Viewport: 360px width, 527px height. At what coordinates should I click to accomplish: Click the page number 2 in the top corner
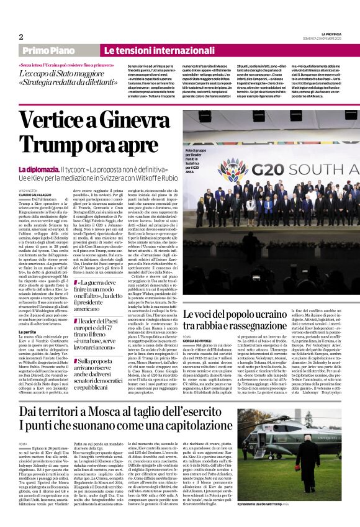[20, 36]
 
